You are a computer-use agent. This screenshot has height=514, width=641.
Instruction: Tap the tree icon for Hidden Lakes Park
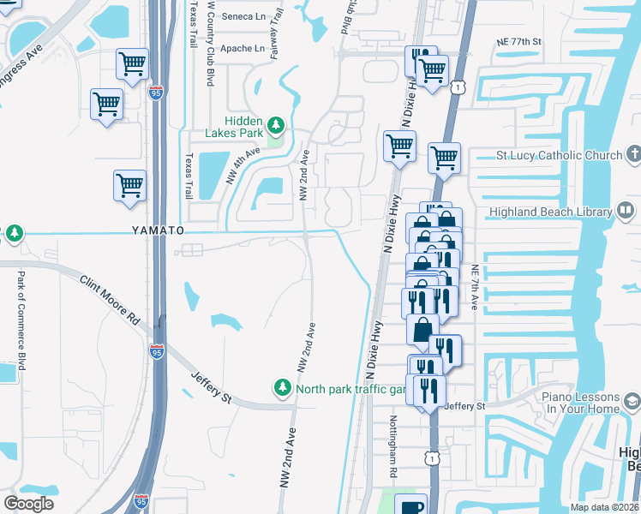275,127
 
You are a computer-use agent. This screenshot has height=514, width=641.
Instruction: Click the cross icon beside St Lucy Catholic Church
633,155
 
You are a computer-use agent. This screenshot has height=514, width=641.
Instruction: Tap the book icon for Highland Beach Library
626,211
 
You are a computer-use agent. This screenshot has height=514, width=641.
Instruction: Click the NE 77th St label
519,41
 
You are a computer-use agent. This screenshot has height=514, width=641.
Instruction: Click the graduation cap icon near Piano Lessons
632,402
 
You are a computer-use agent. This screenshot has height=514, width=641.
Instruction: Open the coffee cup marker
410,505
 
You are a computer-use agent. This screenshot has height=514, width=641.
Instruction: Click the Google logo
29,504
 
